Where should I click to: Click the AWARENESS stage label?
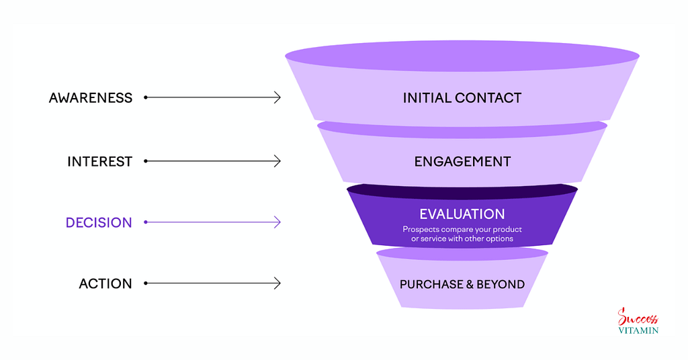(x=91, y=97)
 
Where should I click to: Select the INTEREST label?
(x=99, y=161)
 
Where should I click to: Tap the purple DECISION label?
(x=99, y=222)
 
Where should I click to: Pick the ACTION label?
(x=105, y=283)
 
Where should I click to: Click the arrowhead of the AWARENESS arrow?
(x=277, y=97)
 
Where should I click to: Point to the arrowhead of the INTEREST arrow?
(x=277, y=161)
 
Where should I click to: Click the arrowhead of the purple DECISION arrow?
(x=277, y=222)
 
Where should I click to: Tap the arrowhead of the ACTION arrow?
(x=277, y=283)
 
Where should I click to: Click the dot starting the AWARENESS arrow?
(x=146, y=97)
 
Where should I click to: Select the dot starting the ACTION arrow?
(x=146, y=283)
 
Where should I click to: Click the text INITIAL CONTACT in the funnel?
(x=462, y=97)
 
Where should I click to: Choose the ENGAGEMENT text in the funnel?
(x=462, y=161)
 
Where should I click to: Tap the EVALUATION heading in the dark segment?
(x=462, y=214)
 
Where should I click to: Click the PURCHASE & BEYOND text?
(x=462, y=284)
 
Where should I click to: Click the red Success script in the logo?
(x=638, y=318)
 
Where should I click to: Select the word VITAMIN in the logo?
(x=638, y=330)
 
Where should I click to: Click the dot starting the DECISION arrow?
(x=146, y=222)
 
